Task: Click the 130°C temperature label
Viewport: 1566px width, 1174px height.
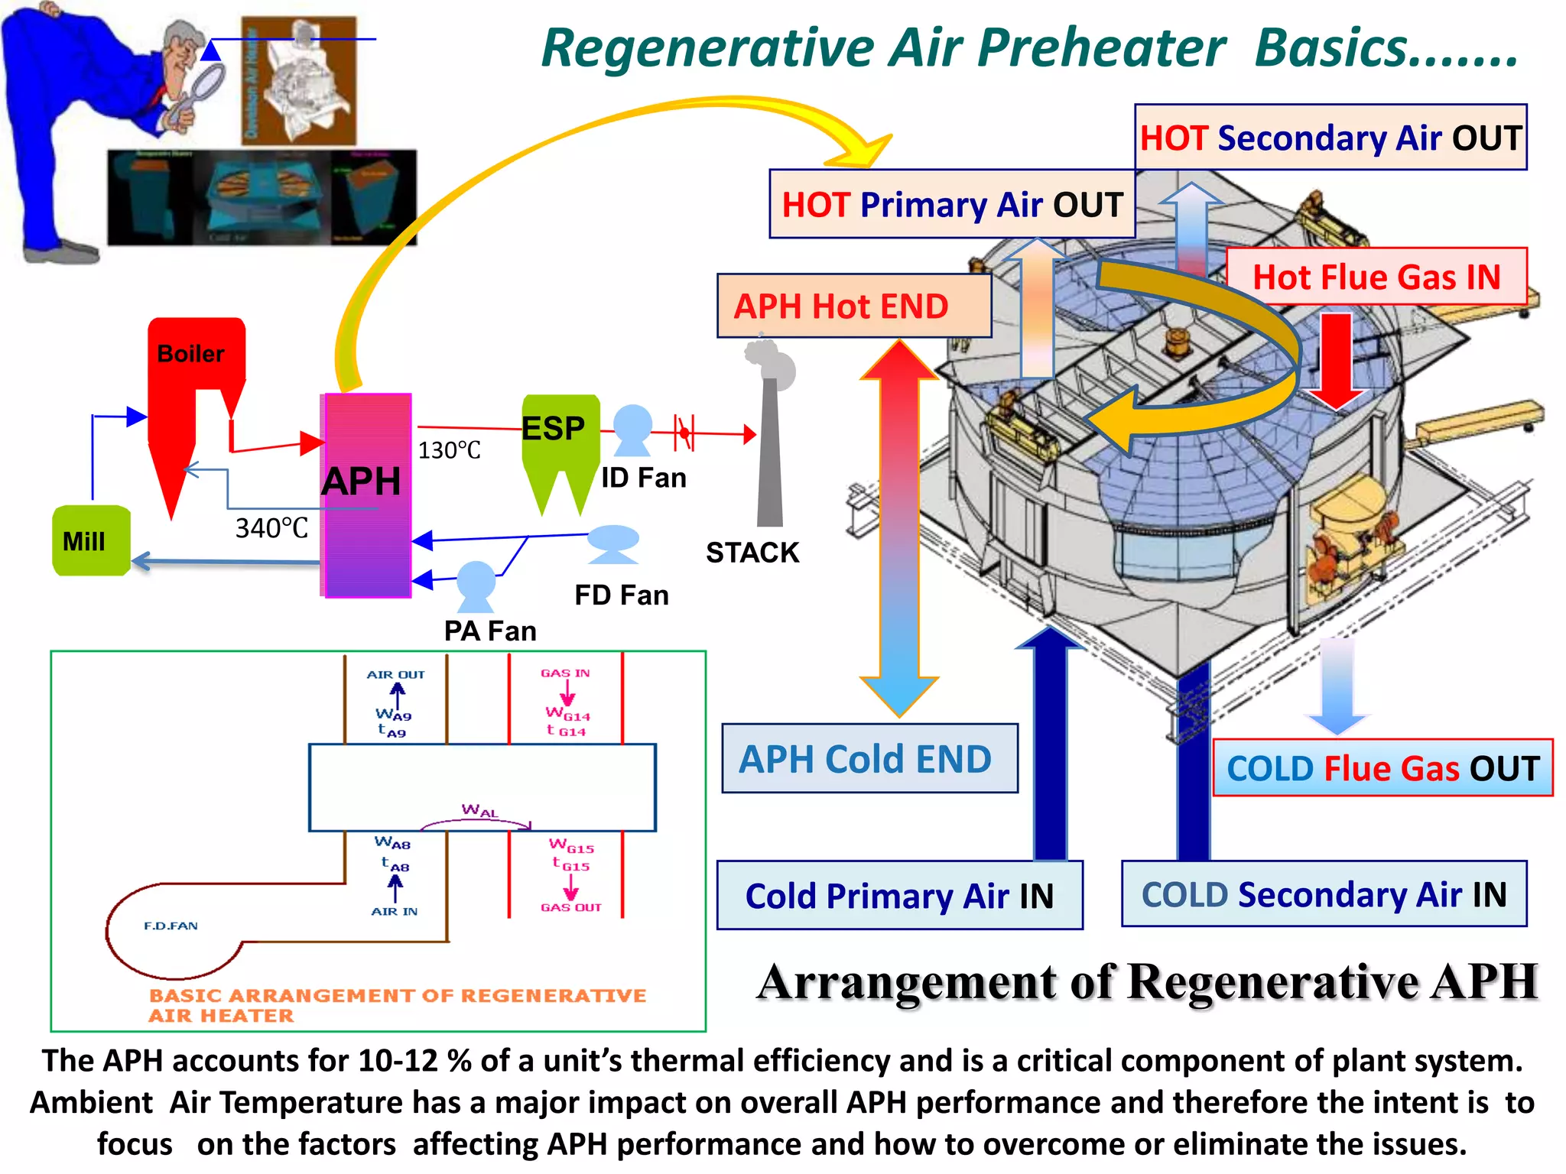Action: click(449, 451)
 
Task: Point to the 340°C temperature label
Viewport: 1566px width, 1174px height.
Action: click(271, 528)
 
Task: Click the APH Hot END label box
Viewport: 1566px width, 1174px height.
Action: click(853, 306)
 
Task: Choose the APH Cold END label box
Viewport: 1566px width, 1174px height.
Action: click(869, 759)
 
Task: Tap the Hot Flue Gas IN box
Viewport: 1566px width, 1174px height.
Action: click(1376, 277)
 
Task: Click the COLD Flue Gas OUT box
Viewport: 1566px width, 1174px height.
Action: click(1382, 768)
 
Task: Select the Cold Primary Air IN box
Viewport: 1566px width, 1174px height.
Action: click(899, 896)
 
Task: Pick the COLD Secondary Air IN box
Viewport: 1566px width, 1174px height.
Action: click(1324, 894)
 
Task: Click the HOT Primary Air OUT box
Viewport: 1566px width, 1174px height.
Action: click(952, 205)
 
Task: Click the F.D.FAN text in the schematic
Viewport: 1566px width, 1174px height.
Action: click(171, 926)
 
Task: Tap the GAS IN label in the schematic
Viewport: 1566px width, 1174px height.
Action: click(565, 673)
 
